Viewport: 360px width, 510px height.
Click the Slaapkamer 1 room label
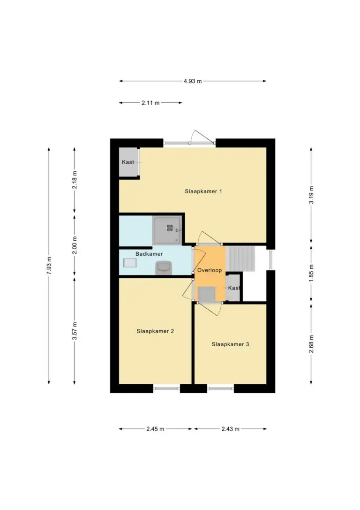coord(203,191)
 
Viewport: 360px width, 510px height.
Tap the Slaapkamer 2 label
coord(155,331)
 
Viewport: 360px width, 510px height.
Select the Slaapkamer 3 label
coord(230,344)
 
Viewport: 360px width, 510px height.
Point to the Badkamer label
coord(149,254)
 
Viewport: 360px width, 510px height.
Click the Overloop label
coord(210,270)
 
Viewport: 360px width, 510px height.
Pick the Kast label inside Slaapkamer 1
coord(127,162)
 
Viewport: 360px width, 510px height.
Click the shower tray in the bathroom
coord(167,230)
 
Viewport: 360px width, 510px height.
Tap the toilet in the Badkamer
coord(163,268)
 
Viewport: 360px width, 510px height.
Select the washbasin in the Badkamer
coord(130,263)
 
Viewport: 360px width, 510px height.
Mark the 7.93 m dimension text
coord(49,266)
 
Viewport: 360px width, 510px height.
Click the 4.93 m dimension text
coord(193,81)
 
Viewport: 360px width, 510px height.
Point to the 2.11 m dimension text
coord(150,103)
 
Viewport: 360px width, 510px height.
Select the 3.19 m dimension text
coord(311,195)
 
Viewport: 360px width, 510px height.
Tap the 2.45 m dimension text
coord(155,429)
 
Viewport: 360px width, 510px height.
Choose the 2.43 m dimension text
coord(230,429)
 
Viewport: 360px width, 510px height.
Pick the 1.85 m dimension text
coord(311,274)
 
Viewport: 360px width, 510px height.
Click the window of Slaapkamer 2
coord(166,388)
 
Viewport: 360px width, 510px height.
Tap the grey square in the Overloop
coord(207,294)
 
